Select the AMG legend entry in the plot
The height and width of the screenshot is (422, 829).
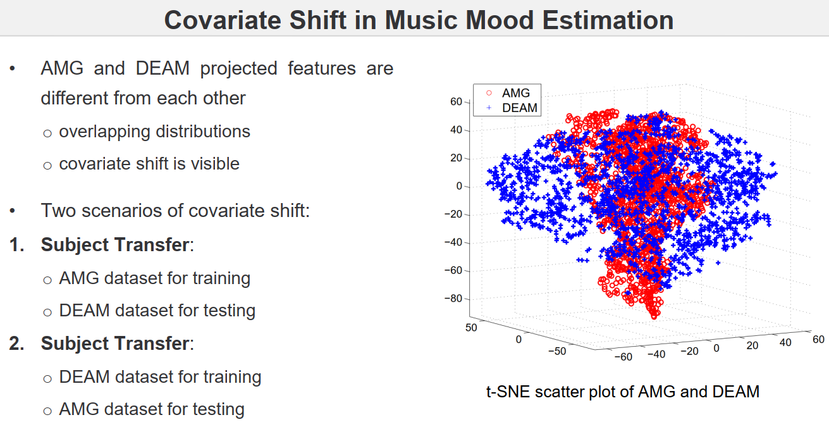tap(516, 93)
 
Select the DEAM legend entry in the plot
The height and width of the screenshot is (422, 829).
tap(520, 108)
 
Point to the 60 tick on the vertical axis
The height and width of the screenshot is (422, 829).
tap(457, 102)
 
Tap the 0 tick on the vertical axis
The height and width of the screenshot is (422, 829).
tap(460, 186)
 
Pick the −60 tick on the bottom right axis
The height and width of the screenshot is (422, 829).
tap(623, 357)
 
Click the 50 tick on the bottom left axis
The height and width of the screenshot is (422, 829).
tap(470, 327)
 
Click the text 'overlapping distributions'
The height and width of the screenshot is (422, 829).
tap(154, 132)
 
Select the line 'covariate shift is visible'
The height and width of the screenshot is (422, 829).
tap(149, 164)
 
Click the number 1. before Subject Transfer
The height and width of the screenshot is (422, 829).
tap(18, 245)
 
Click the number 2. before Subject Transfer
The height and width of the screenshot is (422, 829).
tap(18, 344)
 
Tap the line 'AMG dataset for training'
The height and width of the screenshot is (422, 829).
tap(154, 278)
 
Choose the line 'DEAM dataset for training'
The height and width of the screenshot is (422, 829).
tap(160, 377)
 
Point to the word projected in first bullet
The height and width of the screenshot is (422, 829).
tap(238, 68)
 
